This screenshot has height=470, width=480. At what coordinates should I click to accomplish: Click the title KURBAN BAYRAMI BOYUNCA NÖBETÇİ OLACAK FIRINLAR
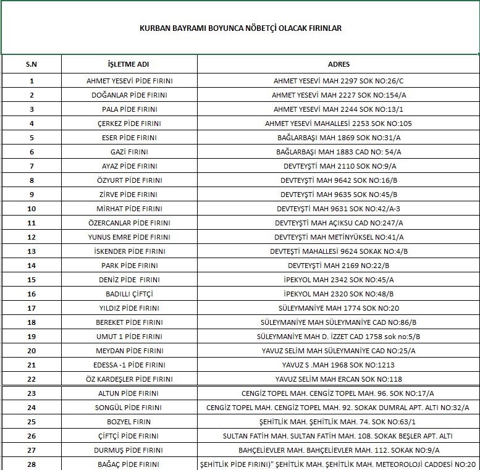pyautogui.click(x=240, y=28)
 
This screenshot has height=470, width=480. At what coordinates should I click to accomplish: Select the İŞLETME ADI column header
pyautogui.click(x=129, y=64)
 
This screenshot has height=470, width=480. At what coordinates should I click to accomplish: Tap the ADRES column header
pyautogui.click(x=339, y=64)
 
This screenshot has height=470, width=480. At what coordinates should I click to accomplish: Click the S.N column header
pyautogui.click(x=32, y=64)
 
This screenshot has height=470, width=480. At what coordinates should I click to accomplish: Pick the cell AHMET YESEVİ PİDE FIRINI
pyautogui.click(x=129, y=81)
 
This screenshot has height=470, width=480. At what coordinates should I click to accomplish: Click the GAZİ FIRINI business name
pyautogui.click(x=129, y=152)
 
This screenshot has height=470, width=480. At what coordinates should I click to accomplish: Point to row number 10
pyautogui.click(x=32, y=209)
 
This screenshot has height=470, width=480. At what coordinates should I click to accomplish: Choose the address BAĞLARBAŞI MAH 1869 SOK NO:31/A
pyautogui.click(x=339, y=138)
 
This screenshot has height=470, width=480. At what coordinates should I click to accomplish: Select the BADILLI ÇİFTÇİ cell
pyautogui.click(x=129, y=294)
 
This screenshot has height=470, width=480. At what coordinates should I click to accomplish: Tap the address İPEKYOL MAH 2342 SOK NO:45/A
pyautogui.click(x=339, y=280)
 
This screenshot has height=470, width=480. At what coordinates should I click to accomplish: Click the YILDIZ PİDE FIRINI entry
pyautogui.click(x=129, y=308)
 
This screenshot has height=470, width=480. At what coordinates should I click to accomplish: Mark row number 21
pyautogui.click(x=32, y=365)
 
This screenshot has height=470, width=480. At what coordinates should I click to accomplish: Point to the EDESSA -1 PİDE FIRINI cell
pyautogui.click(x=129, y=365)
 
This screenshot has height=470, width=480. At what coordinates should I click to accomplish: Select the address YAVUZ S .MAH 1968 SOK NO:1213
pyautogui.click(x=339, y=365)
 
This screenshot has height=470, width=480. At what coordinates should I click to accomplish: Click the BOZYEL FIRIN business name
pyautogui.click(x=129, y=422)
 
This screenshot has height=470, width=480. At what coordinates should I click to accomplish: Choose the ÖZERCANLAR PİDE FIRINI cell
pyautogui.click(x=129, y=223)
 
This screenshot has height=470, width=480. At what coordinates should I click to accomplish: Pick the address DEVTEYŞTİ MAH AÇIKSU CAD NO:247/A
pyautogui.click(x=339, y=223)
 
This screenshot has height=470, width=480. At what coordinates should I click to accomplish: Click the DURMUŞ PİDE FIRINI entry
pyautogui.click(x=129, y=450)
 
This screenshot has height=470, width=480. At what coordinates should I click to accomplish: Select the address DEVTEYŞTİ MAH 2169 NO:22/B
pyautogui.click(x=339, y=266)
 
